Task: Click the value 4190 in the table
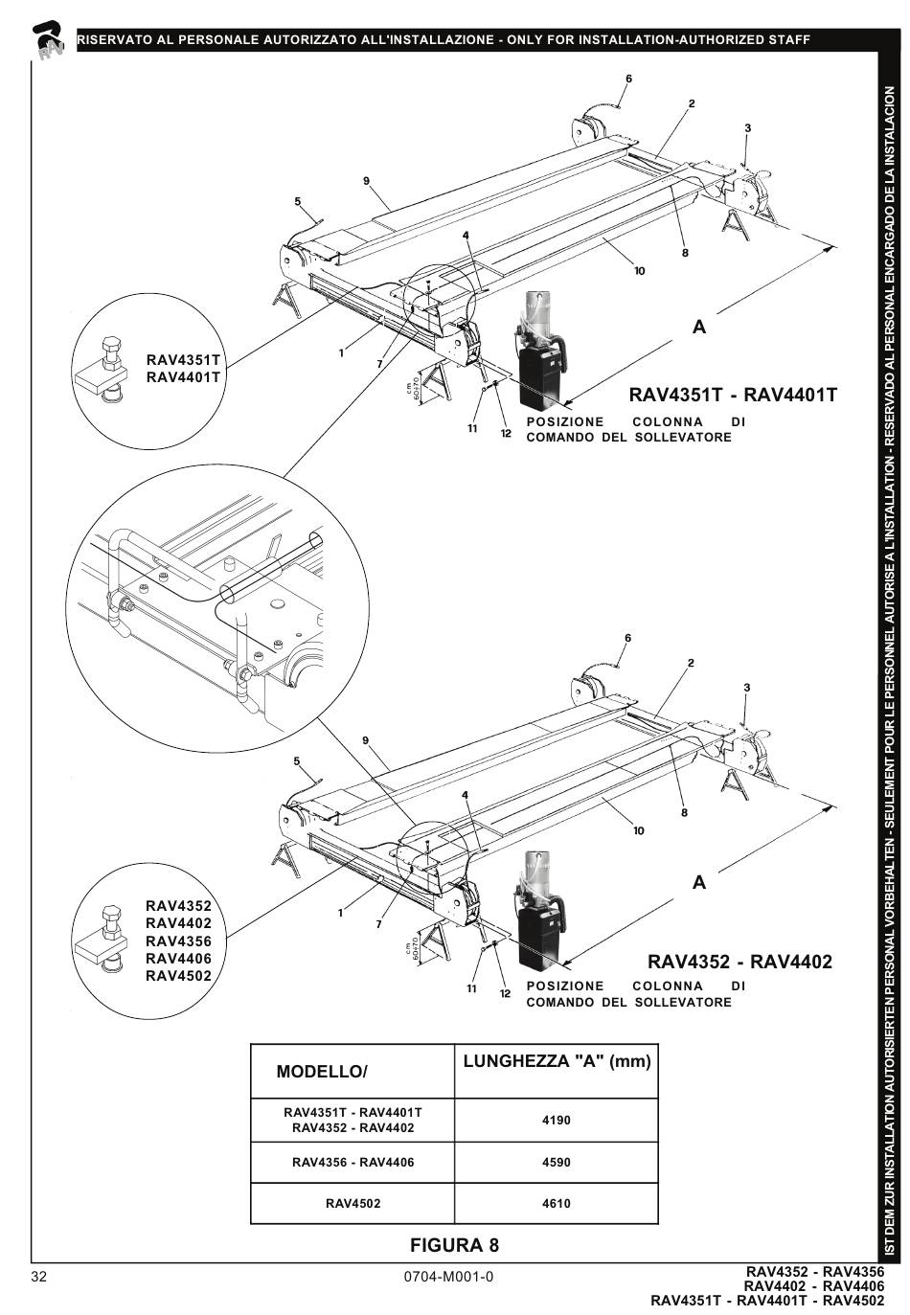tap(556, 1120)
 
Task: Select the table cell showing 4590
tap(556, 1162)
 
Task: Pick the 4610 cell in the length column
tap(556, 1203)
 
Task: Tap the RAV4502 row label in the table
tap(353, 1203)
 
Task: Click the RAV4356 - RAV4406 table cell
tap(353, 1162)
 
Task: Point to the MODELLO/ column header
tap(322, 1072)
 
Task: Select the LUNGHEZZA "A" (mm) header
tap(557, 1061)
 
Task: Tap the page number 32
tap(38, 1277)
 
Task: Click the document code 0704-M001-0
tap(449, 1277)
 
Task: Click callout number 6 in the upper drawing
tap(629, 79)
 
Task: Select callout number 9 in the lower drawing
tap(366, 739)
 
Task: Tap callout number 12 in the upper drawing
tap(506, 434)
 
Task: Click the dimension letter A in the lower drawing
tap(699, 882)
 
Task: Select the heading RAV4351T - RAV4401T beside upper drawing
tap(733, 395)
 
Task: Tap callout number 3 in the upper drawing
tap(747, 128)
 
